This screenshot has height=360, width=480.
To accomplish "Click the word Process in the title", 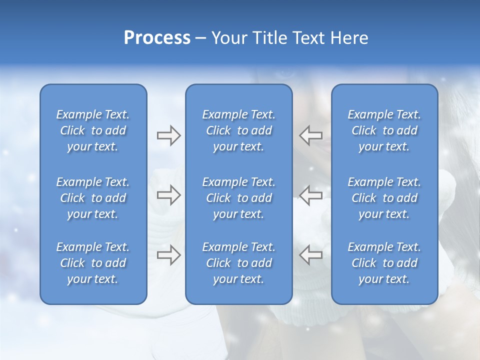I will coord(157,38).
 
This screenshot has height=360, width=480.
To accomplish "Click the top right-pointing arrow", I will coord(168,135).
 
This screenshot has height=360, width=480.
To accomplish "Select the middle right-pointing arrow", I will coord(168,195).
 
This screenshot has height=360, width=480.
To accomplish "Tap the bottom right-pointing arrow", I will coord(168,255).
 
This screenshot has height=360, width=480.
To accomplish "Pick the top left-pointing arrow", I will coord(311,135).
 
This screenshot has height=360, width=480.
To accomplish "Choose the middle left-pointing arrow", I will coord(311,195).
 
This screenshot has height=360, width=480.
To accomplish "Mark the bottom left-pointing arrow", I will coord(311,255).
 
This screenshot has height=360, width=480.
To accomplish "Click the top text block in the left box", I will coord(93,130).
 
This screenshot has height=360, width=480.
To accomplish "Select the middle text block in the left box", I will coord(93,198).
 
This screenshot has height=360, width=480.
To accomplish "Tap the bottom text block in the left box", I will coord(93,263).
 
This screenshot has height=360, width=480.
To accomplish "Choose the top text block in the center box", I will coord(239,130).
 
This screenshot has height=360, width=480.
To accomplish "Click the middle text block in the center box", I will coord(239,198).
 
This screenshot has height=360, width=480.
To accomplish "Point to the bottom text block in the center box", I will coord(239,263).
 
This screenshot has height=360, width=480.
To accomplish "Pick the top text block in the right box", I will coord(384,130).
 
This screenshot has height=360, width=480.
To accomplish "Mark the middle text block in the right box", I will coord(384,198).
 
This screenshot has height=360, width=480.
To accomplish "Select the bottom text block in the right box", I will coord(384,263).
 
